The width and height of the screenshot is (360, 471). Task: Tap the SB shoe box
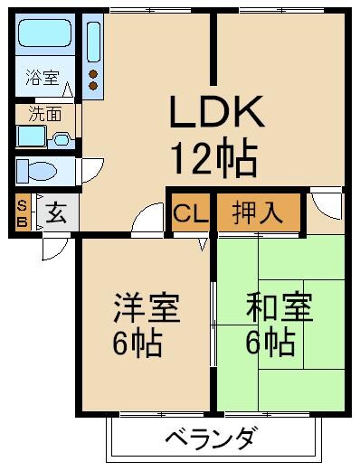pos(22,213)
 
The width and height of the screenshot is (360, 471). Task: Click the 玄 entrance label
pos(56,214)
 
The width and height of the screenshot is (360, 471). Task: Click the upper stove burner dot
pos(93,73)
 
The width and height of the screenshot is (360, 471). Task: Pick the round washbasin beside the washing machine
pos(62,139)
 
